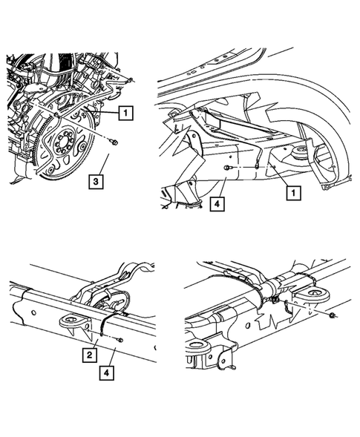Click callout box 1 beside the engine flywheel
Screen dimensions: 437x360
click(125, 113)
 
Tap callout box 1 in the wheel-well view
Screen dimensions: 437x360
click(295, 193)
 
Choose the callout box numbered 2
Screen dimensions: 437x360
click(89, 355)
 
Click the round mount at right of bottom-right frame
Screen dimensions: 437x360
click(316, 298)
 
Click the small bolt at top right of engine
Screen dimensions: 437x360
click(129, 79)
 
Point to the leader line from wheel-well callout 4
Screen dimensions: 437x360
click(222, 186)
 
